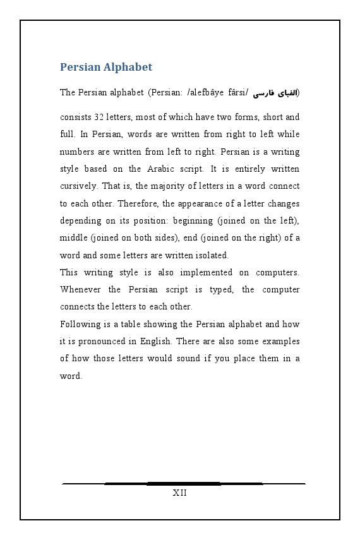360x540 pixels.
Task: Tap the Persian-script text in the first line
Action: tap(276, 93)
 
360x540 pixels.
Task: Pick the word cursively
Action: tap(78, 186)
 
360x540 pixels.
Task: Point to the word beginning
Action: tap(189, 221)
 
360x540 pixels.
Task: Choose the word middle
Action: tap(73, 238)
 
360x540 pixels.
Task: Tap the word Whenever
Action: tap(80, 290)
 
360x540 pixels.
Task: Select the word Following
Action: tap(80, 325)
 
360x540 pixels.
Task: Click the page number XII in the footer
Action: tap(179, 493)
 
